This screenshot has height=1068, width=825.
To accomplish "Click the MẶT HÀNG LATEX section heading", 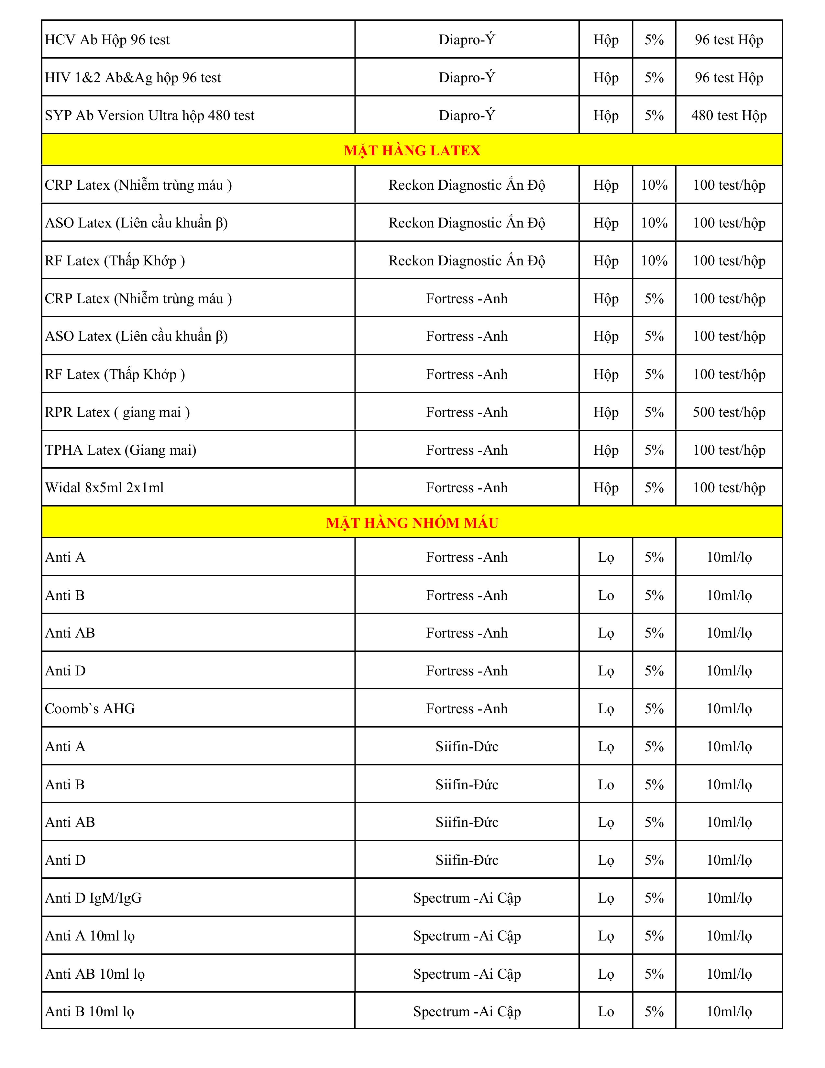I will (412, 150).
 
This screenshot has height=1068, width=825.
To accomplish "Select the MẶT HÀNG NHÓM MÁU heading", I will (412, 523).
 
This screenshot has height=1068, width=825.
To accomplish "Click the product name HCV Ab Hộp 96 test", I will (107, 39).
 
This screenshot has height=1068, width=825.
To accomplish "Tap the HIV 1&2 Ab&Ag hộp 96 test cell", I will (133, 77).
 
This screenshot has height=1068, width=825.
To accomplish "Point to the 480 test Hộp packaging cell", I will (729, 116).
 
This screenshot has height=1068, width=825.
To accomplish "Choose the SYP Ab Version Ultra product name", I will (149, 116).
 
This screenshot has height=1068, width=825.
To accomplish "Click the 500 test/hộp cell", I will (729, 412).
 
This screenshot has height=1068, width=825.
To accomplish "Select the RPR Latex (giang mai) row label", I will (117, 412).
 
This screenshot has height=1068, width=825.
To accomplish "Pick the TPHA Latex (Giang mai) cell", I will (121, 450).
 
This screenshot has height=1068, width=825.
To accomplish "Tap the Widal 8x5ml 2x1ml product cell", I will (104, 487).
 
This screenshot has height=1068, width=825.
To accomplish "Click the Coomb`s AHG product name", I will (90, 708).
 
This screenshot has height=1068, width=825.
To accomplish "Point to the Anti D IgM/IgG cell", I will (93, 898).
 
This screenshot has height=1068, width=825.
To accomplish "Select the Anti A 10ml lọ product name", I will (90, 936).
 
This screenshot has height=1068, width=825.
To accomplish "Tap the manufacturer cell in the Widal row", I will (467, 487).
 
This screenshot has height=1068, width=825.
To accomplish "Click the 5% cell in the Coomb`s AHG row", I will (654, 708).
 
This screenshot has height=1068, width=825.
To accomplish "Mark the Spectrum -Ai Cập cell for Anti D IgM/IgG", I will (467, 898).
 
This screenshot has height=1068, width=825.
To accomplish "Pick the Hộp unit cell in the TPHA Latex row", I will (606, 450).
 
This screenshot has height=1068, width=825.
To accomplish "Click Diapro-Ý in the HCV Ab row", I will (467, 39).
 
